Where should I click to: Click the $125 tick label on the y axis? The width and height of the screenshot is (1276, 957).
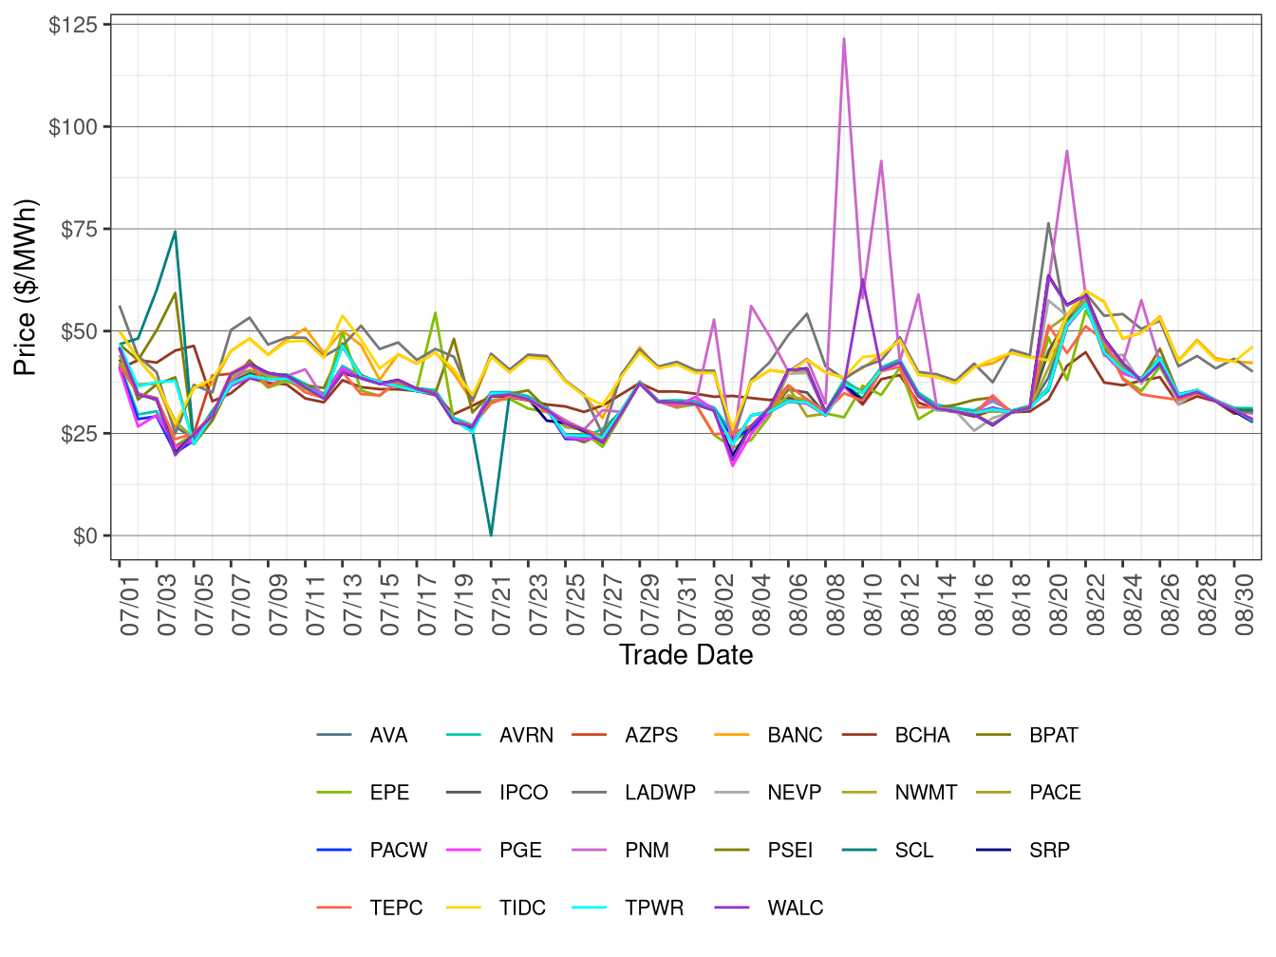pyautogui.click(x=73, y=25)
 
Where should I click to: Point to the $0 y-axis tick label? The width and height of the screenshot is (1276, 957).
pyautogui.click(x=84, y=536)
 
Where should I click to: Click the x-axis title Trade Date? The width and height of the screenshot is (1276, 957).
pyautogui.click(x=685, y=655)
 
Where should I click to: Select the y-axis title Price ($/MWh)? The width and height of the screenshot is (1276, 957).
pyautogui.click(x=26, y=288)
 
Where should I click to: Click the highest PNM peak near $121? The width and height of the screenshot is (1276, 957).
pyautogui.click(x=844, y=39)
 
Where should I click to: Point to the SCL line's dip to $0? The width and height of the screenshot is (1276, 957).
pyautogui.click(x=491, y=535)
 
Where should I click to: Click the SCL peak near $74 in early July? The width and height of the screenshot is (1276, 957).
pyautogui.click(x=175, y=232)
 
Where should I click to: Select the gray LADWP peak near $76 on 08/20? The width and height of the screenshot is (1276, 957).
pyautogui.click(x=1048, y=224)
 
